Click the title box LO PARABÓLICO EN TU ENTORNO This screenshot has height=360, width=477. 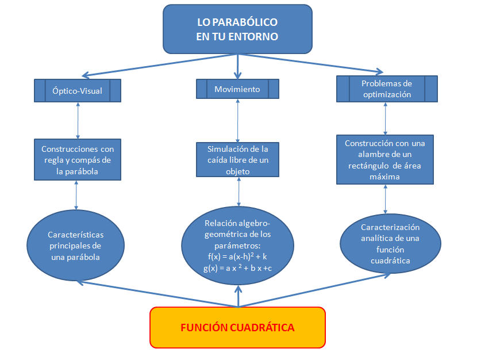(237, 29)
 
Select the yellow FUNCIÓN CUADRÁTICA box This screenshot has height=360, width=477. (237, 327)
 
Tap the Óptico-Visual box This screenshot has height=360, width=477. (77, 90)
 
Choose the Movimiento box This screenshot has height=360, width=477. (237, 89)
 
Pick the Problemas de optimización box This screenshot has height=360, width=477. (387, 89)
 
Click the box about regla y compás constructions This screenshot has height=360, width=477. (78, 159)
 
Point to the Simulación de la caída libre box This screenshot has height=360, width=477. (237, 159)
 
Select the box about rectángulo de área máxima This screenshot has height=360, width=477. (384, 159)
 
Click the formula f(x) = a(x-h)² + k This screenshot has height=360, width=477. (237, 256)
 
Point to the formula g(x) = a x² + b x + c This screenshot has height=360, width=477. (237, 268)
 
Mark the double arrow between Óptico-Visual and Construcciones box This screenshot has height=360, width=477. (77, 120)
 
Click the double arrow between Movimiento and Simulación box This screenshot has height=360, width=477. (237, 120)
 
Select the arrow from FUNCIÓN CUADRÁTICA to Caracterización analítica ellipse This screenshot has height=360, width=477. (316, 290)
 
